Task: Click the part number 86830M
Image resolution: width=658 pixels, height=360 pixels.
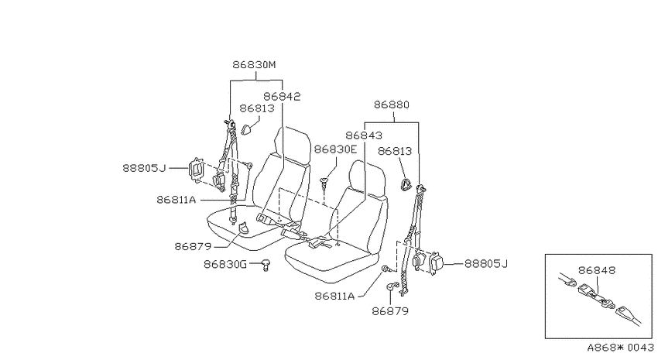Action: [x=255, y=64]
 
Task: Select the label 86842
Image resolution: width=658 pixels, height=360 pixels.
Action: [x=282, y=97]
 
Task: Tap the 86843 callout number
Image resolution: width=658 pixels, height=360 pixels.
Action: [x=364, y=135]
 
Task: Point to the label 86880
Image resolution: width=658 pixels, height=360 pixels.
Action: [x=391, y=104]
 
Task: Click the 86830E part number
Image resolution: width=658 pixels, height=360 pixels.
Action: [x=335, y=149]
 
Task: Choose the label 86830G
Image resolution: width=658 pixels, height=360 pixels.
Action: [x=225, y=264]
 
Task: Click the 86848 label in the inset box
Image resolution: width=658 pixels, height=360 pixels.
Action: [x=597, y=270]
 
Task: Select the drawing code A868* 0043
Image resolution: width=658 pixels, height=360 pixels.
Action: [x=620, y=348]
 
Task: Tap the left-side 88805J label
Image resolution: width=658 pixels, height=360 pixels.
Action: [x=144, y=168]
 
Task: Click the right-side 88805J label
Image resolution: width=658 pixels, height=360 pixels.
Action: [x=486, y=263]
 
